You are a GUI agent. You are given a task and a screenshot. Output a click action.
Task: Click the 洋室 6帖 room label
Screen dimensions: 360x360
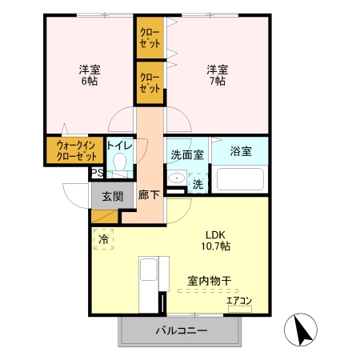(89, 74)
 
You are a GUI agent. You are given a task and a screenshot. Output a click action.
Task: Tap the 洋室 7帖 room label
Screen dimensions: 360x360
(217, 74)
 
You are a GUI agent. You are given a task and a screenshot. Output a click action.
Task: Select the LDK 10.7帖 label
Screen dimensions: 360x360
(215, 241)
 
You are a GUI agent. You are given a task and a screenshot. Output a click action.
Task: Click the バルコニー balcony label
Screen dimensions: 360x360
(181, 330)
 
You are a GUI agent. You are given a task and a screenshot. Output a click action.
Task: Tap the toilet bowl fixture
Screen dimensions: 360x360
(121, 163)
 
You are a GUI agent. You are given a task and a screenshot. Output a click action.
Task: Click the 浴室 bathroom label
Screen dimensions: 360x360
(241, 151)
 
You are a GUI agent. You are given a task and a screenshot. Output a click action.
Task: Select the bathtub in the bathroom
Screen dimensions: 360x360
(240, 179)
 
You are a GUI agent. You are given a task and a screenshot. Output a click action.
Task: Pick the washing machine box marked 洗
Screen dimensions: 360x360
(198, 184)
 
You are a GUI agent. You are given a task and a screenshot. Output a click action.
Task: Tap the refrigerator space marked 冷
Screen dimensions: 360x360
(104, 238)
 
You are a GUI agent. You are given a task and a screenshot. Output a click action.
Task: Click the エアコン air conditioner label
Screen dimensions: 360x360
(239, 301)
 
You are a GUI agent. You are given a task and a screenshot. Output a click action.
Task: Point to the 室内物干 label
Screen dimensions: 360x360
(210, 281)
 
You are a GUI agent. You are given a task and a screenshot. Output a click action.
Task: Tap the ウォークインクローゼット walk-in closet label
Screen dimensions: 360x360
(74, 150)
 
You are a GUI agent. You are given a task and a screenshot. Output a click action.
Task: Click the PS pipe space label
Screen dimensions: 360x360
(96, 173)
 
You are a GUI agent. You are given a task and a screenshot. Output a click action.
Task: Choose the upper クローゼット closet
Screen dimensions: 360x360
(150, 38)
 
